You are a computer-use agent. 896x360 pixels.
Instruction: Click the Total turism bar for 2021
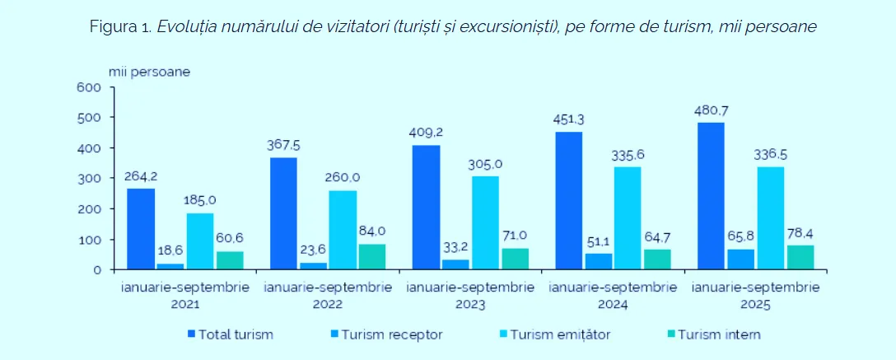(140, 229)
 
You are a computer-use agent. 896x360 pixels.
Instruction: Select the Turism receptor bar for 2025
(740, 259)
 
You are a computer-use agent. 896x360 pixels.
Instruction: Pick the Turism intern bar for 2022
(371, 256)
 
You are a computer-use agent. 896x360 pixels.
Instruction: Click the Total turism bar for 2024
(568, 200)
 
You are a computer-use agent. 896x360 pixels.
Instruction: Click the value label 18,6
(170, 251)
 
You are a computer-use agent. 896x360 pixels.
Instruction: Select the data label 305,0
(486, 164)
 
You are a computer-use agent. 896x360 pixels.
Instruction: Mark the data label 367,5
(283, 145)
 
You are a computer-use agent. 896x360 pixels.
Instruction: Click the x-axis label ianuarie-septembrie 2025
(756, 296)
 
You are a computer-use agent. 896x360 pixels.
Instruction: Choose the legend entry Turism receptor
(391, 334)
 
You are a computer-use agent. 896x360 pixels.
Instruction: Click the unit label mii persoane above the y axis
(150, 71)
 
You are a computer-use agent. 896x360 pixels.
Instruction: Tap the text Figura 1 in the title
(119, 26)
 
